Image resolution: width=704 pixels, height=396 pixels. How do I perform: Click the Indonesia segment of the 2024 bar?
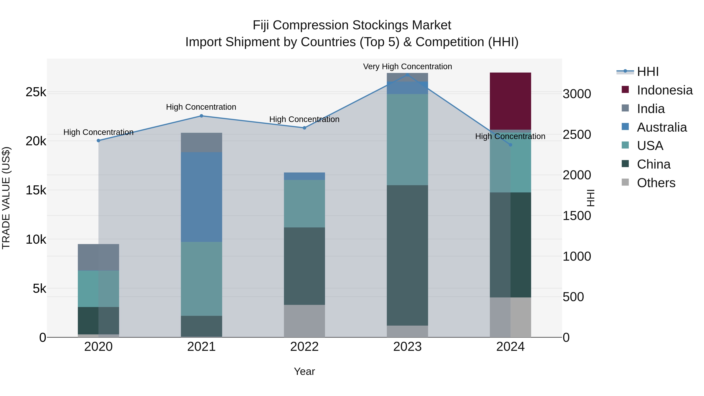click(510, 101)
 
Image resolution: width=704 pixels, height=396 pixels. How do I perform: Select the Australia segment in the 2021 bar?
click(201, 197)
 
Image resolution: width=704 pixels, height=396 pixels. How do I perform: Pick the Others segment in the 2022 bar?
click(304, 321)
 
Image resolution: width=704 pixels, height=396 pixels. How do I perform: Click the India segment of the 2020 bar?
click(98, 257)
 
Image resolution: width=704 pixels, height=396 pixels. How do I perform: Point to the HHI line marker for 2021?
click(201, 116)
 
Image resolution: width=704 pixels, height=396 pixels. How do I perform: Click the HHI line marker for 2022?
click(304, 128)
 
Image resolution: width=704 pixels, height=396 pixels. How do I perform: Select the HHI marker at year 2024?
click(510, 145)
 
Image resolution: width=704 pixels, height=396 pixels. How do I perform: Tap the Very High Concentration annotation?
click(407, 67)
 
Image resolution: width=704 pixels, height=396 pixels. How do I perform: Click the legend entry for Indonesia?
click(664, 90)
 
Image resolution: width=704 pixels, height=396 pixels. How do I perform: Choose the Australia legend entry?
click(662, 127)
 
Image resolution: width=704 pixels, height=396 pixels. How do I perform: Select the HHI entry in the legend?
click(647, 72)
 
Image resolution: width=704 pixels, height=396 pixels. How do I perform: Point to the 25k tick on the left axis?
click(36, 92)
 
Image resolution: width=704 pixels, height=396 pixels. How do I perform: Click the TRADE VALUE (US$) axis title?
click(6, 198)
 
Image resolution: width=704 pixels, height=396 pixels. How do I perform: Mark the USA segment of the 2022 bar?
click(304, 204)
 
